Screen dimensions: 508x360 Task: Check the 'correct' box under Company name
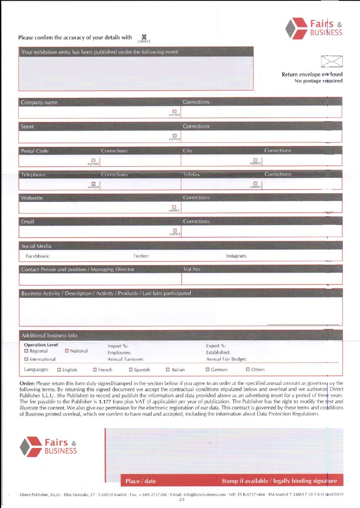[174, 112]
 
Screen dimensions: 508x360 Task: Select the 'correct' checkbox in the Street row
[174, 136]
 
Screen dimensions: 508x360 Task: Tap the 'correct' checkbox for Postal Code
[94, 160]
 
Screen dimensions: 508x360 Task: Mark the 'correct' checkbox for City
[255, 160]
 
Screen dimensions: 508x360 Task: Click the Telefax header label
[191, 174]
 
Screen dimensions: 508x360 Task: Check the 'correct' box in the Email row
[174, 231]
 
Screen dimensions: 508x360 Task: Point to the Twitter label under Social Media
[141, 256]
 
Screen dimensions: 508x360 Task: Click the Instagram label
[236, 256]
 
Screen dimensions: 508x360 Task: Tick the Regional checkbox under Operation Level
[26, 351]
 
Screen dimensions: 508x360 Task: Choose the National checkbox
[67, 351]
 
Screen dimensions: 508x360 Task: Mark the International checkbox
[26, 359]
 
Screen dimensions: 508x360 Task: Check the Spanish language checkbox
[131, 370]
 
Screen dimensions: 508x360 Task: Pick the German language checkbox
[207, 370]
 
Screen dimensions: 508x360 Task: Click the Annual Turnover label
[126, 359]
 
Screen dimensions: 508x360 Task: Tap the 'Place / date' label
[141, 481]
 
